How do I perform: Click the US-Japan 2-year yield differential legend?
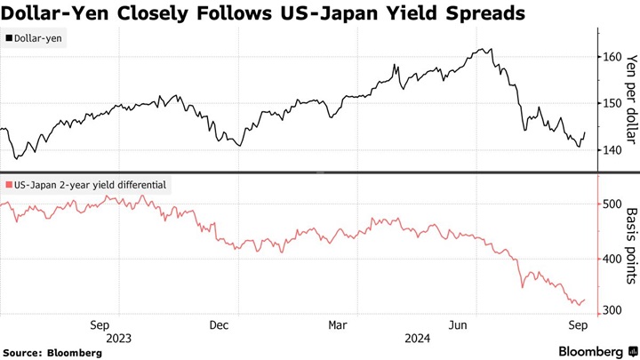[86, 185]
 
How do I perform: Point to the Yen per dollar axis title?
[632, 98]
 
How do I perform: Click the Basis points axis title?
[632, 247]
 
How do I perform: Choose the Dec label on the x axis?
[220, 325]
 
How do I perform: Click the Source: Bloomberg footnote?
[52, 352]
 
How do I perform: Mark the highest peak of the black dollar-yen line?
[480, 49]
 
